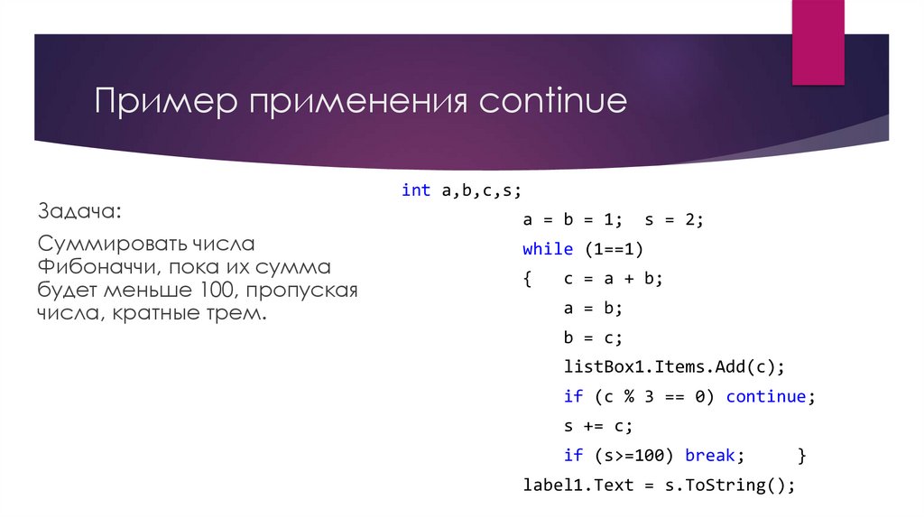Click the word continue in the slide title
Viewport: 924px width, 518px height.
pyautogui.click(x=552, y=100)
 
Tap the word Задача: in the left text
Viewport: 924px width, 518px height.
pyautogui.click(x=78, y=211)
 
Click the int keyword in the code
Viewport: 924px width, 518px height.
pyautogui.click(x=416, y=190)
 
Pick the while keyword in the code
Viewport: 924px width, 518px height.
pyautogui.click(x=548, y=249)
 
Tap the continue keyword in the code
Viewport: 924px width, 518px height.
pyautogui.click(x=766, y=396)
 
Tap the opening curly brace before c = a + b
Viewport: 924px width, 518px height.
pyautogui.click(x=527, y=279)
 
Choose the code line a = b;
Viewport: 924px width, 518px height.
pyautogui.click(x=594, y=308)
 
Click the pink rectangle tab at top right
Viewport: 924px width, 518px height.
pyautogui.click(x=818, y=41)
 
